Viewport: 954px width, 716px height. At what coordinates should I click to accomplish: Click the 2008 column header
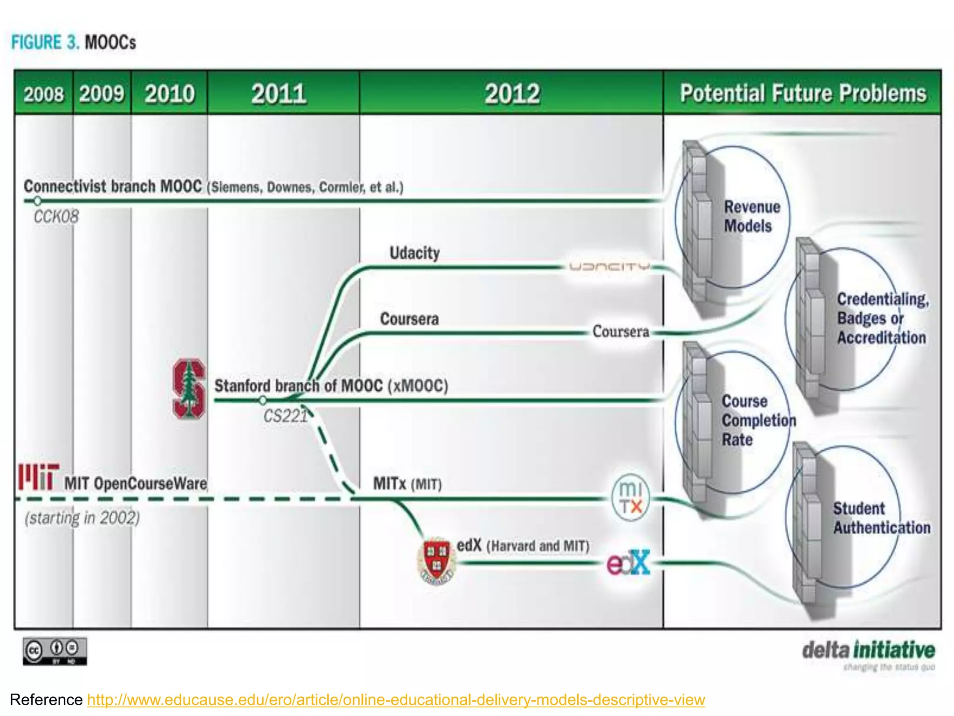(44, 94)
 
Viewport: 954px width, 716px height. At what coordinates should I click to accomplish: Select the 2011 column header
(279, 94)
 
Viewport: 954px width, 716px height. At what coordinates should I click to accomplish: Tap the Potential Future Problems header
(803, 93)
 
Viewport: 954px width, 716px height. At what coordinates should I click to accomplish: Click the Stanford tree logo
(189, 389)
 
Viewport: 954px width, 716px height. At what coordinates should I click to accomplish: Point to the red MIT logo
(39, 476)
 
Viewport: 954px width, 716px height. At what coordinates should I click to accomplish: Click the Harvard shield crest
(436, 561)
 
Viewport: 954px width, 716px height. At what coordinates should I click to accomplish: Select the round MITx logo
(631, 497)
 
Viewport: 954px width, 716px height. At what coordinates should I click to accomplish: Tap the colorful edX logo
(628, 563)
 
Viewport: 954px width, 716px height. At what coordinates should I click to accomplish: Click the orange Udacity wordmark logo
(609, 267)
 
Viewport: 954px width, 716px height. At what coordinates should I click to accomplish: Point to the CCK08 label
(56, 217)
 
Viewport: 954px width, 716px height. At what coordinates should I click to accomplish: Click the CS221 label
(285, 416)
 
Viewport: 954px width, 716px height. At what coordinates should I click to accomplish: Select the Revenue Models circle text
(751, 216)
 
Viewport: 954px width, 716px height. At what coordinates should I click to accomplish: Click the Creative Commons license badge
(55, 651)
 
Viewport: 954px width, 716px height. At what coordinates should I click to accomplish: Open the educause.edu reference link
(396, 700)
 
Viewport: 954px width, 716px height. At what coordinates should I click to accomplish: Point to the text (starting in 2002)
(82, 518)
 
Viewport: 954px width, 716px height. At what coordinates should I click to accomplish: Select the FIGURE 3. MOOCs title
(74, 42)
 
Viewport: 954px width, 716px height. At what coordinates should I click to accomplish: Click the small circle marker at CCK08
(37, 201)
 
